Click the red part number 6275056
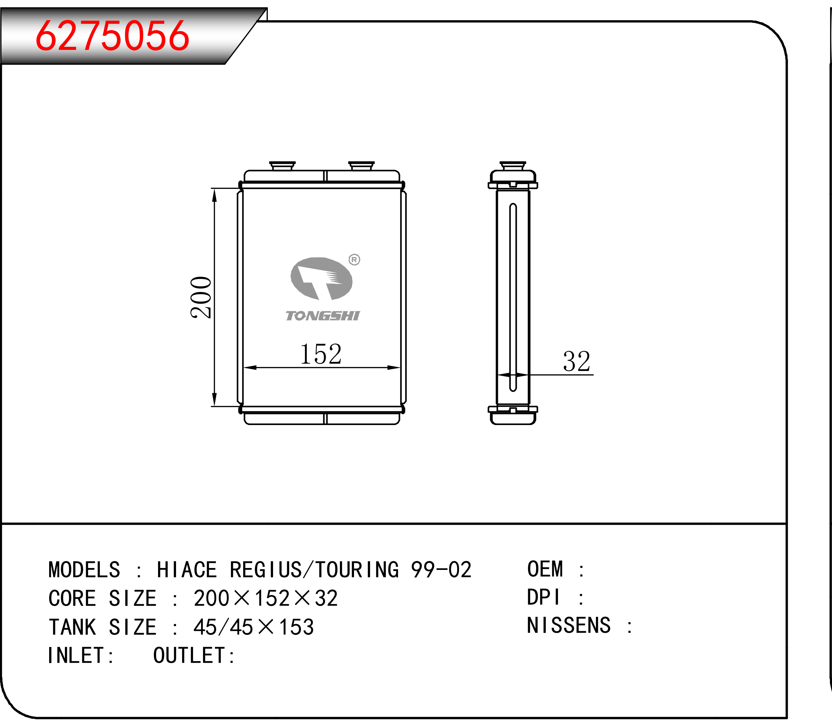(112, 36)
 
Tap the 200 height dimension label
(201, 297)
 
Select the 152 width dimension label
(321, 354)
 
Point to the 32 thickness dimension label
(576, 361)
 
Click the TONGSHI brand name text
(323, 315)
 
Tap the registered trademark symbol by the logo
(354, 260)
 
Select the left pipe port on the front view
(282, 166)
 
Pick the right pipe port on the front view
(361, 166)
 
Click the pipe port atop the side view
(513, 166)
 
